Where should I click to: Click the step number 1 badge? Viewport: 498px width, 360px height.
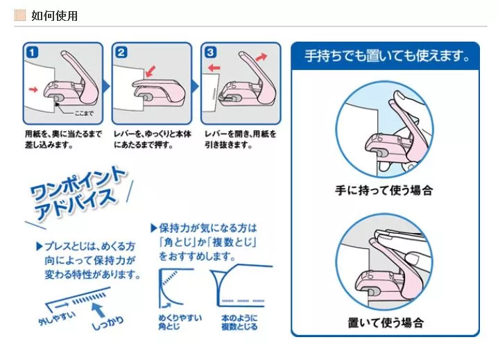click(33, 52)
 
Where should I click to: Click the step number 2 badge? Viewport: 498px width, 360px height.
click(121, 52)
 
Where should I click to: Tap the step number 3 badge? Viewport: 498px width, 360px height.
click(210, 52)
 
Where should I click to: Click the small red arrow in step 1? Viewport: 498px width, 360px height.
click(33, 89)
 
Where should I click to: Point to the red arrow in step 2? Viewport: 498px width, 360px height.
click(151, 71)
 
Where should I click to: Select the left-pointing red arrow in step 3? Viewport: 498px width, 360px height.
click(214, 68)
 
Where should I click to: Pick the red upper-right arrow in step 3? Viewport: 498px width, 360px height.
click(261, 57)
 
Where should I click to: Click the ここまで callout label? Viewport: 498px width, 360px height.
click(84, 113)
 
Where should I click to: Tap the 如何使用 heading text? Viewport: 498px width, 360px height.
click(54, 15)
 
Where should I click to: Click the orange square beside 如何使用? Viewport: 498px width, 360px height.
click(20, 15)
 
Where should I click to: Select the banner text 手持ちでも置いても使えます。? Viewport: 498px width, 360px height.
click(386, 56)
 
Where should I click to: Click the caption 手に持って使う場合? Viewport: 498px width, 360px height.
click(384, 190)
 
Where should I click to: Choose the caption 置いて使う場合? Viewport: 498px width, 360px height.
click(386, 323)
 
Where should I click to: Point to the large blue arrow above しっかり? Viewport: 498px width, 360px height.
click(98, 310)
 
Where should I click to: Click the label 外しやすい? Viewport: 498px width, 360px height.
click(57, 318)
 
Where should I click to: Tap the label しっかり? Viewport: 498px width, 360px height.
click(108, 323)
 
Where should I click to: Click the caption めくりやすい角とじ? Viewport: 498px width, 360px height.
click(180, 322)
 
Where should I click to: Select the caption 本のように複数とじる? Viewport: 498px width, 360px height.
click(239, 322)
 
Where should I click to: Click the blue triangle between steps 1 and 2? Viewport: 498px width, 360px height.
click(107, 87)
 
